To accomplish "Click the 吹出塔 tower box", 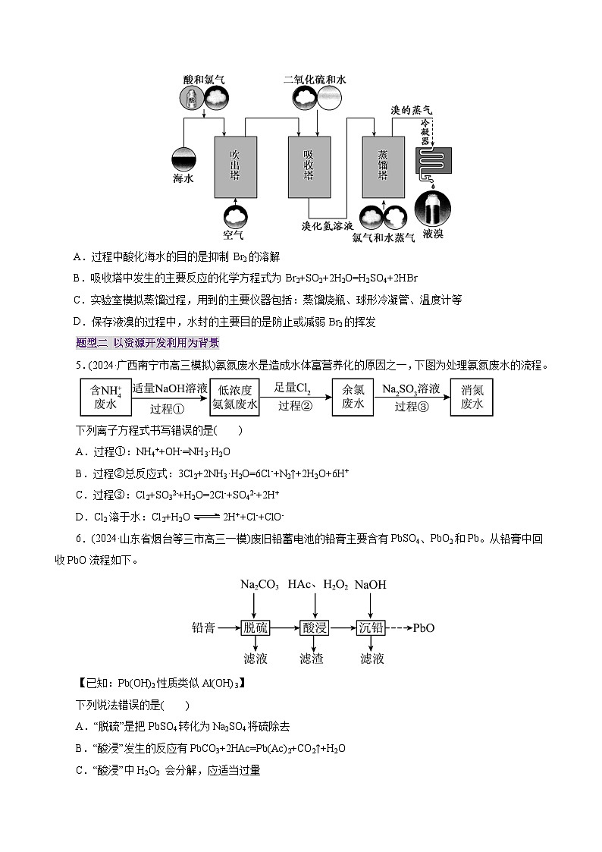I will (x=235, y=165).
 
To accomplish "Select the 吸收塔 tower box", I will (x=309, y=165).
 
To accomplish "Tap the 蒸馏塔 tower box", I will (x=383, y=165).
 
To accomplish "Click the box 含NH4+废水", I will (x=105, y=396).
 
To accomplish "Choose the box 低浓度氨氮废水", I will (x=235, y=396).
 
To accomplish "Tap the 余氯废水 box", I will (x=353, y=396).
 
